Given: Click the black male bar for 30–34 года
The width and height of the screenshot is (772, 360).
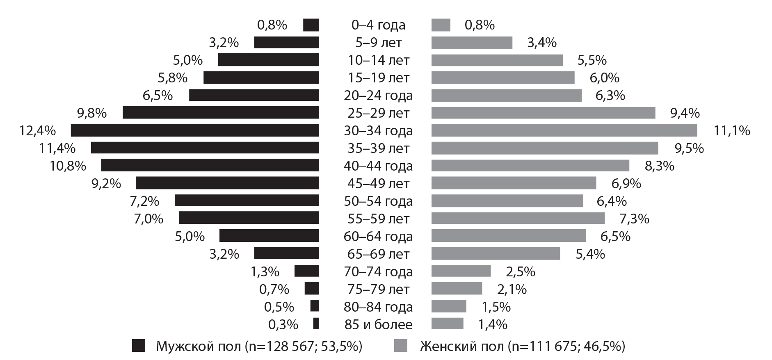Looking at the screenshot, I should (x=195, y=130).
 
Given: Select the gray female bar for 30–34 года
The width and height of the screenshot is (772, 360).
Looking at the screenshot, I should (x=564, y=130).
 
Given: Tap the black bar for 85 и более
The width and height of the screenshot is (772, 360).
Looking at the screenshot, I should (x=316, y=324).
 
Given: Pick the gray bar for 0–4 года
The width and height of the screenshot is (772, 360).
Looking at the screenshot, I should (x=441, y=25).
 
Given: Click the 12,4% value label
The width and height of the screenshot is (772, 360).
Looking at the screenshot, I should (x=37, y=131).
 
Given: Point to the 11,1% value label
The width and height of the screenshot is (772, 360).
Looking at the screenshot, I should (x=732, y=131).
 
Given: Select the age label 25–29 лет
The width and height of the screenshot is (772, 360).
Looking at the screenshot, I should (x=378, y=113).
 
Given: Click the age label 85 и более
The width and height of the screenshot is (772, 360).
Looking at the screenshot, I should (x=378, y=324).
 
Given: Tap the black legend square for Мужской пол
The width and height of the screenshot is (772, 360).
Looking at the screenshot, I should (x=139, y=346).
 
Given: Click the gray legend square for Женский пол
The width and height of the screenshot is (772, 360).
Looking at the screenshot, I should (x=401, y=346).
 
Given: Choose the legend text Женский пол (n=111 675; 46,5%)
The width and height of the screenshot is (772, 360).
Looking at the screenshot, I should (x=522, y=346).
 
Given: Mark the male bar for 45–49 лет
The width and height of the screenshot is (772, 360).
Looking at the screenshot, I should (x=227, y=183).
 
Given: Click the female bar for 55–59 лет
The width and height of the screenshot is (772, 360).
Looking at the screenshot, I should (x=518, y=219).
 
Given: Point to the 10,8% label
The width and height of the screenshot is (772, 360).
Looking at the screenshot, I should (x=68, y=166).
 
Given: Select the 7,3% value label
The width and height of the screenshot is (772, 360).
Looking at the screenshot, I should (x=634, y=219).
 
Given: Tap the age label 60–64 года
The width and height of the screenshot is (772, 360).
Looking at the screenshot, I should (x=378, y=237).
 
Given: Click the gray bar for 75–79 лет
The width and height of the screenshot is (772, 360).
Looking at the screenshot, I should (x=457, y=289).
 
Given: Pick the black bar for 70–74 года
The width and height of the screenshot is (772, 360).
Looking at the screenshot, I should (x=306, y=271).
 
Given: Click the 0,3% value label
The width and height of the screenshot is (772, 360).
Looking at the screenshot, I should (x=283, y=324).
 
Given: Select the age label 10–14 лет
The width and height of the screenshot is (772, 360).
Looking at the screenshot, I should (x=378, y=60).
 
